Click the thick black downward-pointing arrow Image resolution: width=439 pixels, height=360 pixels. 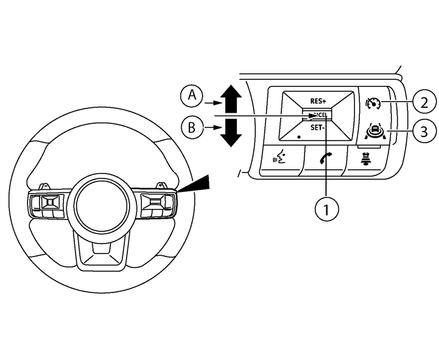point(231,132)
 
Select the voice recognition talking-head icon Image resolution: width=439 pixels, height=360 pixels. point(280,160)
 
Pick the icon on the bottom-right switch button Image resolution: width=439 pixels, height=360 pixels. point(368,160)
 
